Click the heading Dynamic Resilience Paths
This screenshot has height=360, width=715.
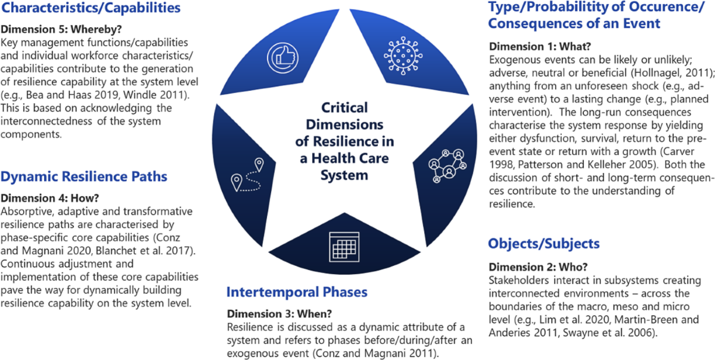(84, 176)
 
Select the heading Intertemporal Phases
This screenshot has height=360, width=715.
(296, 292)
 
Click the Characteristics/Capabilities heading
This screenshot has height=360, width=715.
(91, 8)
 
